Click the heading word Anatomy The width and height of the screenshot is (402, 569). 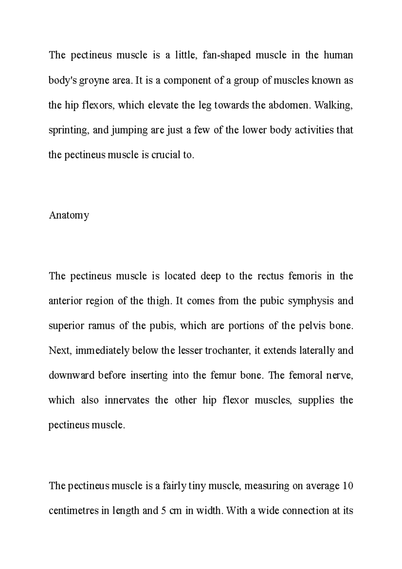[69, 215]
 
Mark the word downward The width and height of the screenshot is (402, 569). [71, 375]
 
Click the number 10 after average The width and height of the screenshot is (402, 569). [348, 486]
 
